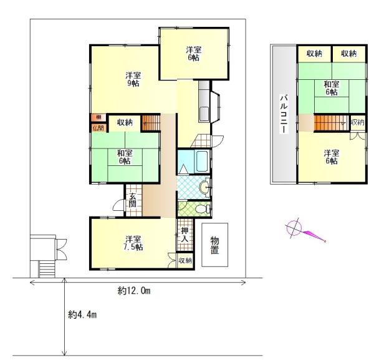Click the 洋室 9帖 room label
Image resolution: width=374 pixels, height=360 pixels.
(x=133, y=79)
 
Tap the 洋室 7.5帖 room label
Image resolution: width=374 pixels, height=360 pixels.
(x=134, y=243)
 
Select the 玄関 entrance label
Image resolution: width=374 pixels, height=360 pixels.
(x=133, y=200)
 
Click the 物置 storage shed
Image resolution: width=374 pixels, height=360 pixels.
(x=214, y=245)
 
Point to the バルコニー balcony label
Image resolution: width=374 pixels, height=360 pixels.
(x=284, y=114)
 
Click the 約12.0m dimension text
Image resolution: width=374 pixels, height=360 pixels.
(x=134, y=291)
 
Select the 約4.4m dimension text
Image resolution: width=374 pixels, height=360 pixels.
(x=82, y=315)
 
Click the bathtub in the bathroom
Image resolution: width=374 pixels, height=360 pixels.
(x=202, y=160)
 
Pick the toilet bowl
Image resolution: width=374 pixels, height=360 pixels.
(x=201, y=209)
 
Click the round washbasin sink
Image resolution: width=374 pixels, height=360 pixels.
(x=204, y=187)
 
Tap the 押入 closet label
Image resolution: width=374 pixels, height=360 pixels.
(x=185, y=235)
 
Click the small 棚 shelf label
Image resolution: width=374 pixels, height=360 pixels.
(x=98, y=117)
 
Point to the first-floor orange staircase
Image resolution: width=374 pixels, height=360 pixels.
(x=151, y=123)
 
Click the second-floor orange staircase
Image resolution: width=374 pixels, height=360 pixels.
(x=332, y=123)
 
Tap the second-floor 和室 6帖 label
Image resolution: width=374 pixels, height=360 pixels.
(x=332, y=88)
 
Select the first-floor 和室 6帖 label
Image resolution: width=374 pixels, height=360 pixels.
(x=125, y=157)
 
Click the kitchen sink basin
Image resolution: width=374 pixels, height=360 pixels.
(x=204, y=114)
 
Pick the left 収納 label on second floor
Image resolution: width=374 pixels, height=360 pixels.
(x=314, y=54)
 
